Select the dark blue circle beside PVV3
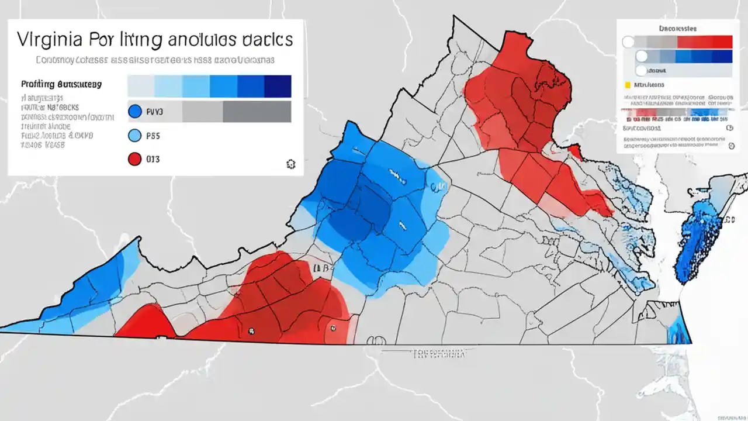(134, 111)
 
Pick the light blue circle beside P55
(134, 136)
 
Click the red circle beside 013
(134, 159)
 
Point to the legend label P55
(153, 136)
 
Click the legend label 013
(153, 159)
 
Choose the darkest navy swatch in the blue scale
(278, 86)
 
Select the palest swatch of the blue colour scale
(140, 86)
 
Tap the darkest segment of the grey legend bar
(257, 111)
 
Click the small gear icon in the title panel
(290, 164)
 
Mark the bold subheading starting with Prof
(61, 84)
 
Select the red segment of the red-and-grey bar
(704, 42)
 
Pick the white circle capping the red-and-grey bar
(628, 42)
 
